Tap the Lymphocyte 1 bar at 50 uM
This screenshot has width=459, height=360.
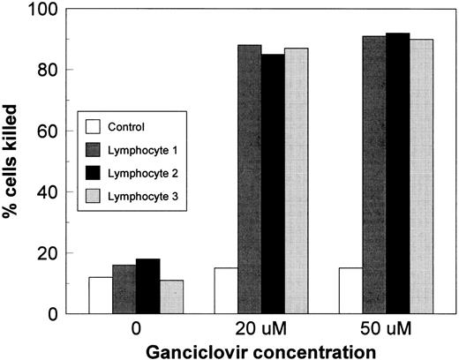(x=374, y=176)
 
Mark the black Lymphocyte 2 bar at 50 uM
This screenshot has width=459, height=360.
(x=398, y=174)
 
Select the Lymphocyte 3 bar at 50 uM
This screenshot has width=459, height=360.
(x=422, y=176)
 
